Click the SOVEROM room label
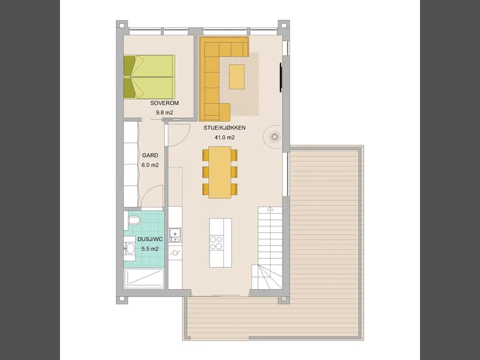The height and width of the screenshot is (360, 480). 164,103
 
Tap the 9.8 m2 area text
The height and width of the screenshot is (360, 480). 164,113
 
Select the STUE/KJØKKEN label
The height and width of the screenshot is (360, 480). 224,128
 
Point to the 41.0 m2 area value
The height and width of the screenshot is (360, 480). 224,137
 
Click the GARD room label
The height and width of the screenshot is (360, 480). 150,155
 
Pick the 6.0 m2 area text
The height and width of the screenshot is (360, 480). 150,165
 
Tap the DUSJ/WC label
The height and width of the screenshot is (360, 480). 150,239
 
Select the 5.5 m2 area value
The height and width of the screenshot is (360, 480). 150,249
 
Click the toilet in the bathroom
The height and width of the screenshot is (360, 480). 132,220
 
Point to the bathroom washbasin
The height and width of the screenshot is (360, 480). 130,248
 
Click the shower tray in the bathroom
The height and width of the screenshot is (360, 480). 145,278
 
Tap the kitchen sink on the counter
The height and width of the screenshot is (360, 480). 175,235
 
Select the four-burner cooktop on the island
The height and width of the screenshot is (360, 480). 216,243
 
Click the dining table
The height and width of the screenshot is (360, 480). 220,172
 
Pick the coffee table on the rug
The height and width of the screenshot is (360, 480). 237,77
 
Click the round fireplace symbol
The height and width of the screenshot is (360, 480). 274,137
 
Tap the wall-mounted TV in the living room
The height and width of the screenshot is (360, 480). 280,77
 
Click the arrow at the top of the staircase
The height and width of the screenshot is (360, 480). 270,209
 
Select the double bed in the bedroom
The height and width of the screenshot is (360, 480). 149,77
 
